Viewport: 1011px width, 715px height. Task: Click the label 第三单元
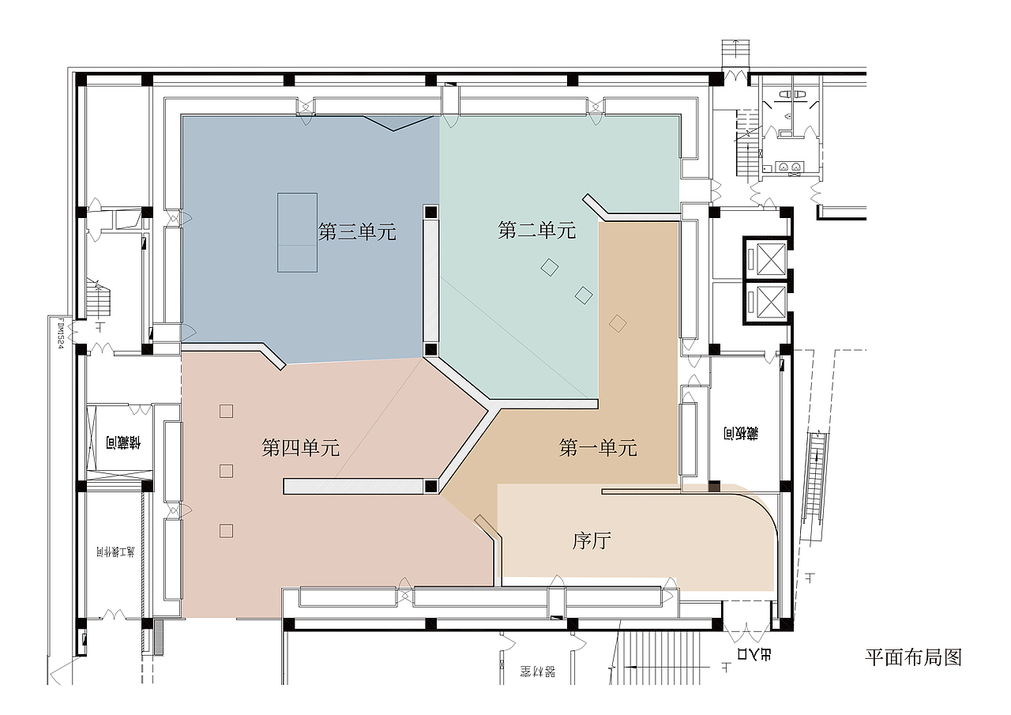click(357, 231)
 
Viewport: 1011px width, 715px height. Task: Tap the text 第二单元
click(537, 231)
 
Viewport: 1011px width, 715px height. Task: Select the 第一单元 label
click(598, 448)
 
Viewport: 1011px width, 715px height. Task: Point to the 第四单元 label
click(300, 448)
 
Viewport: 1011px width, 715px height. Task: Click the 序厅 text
click(592, 541)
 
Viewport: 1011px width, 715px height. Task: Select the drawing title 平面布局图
click(913, 657)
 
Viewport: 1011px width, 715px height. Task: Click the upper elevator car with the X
click(765, 257)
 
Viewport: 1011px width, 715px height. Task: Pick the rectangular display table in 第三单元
click(297, 232)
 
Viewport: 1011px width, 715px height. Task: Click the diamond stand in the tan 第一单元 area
click(618, 322)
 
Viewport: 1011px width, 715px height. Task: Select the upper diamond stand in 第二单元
click(550, 268)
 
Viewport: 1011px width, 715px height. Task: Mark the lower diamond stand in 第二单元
click(584, 295)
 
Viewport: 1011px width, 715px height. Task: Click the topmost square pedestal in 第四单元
click(227, 411)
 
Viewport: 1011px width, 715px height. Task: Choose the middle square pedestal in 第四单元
click(227, 471)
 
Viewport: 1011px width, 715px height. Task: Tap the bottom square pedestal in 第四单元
click(227, 531)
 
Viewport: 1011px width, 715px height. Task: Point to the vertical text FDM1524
click(59, 332)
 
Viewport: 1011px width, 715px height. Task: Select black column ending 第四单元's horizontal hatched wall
click(430, 486)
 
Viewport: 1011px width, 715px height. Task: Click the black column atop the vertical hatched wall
click(430, 212)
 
